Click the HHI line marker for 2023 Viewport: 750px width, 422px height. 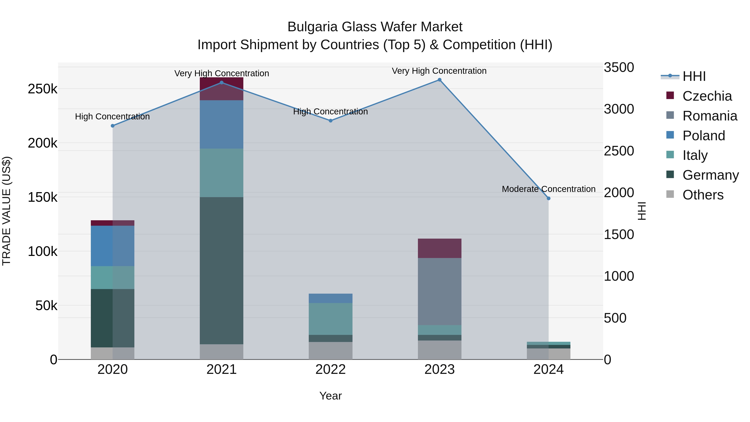tap(439, 80)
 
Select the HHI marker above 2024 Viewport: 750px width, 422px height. tap(549, 198)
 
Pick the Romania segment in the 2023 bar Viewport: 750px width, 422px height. tap(439, 291)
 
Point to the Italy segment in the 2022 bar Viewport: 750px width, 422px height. tap(330, 319)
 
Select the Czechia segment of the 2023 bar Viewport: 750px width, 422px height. tap(439, 248)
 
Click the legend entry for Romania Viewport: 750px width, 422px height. tap(710, 116)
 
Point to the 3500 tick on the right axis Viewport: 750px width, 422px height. tap(619, 67)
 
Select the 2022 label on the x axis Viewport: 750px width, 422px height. tap(330, 369)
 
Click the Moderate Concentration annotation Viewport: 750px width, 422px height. tap(549, 189)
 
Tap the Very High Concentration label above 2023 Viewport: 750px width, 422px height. tap(439, 71)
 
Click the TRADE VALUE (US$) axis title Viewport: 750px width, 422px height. tap(7, 211)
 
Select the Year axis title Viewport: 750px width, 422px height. tap(330, 396)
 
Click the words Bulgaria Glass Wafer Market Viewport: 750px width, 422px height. tap(375, 27)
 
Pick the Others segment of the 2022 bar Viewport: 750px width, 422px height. tap(330, 351)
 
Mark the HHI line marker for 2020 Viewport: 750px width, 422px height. tap(113, 126)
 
